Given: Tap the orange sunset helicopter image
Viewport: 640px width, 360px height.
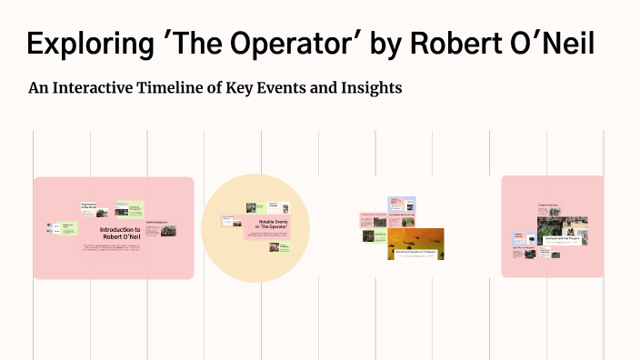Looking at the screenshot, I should [415, 243].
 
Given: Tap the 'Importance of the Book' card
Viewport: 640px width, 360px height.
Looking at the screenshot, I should [89, 207].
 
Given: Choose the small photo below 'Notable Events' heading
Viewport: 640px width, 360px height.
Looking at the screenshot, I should [274, 246].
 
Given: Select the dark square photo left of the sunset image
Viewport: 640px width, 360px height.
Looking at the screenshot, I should [368, 235].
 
